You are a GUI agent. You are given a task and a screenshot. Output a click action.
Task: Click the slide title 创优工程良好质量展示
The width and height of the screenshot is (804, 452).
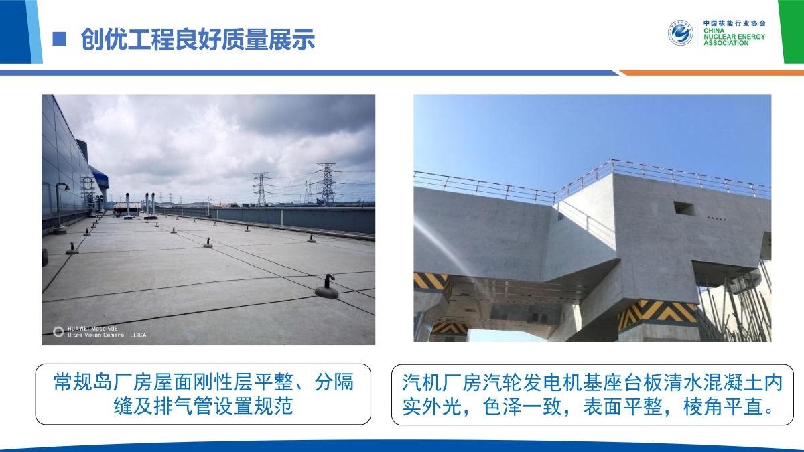(x=198, y=39)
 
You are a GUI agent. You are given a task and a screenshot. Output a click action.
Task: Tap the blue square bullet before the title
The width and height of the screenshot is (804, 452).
(x=59, y=39)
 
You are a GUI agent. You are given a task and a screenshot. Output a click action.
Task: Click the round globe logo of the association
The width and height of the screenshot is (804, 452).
(x=680, y=33)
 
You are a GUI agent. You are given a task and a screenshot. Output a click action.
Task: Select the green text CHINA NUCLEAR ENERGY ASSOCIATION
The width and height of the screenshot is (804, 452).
(x=734, y=37)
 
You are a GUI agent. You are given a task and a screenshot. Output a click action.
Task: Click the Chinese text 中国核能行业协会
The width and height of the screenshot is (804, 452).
(x=734, y=23)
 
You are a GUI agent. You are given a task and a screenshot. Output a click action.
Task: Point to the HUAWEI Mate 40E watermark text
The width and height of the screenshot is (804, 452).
(x=92, y=328)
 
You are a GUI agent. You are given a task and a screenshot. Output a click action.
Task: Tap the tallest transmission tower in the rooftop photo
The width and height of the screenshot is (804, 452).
(x=326, y=183)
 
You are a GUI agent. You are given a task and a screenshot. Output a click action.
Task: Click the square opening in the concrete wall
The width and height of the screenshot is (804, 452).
(x=684, y=208)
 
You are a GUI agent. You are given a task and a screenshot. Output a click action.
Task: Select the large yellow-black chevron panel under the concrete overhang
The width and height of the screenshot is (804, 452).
(x=657, y=313)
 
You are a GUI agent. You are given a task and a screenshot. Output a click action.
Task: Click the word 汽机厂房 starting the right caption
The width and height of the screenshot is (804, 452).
(x=442, y=382)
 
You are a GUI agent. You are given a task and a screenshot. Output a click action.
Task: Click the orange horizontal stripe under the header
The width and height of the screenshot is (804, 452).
(x=712, y=73)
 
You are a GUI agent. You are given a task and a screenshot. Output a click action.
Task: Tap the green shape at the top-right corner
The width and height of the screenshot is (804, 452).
(x=791, y=31)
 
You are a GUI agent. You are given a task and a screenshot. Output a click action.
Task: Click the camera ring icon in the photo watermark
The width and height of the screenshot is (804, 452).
(x=58, y=332)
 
